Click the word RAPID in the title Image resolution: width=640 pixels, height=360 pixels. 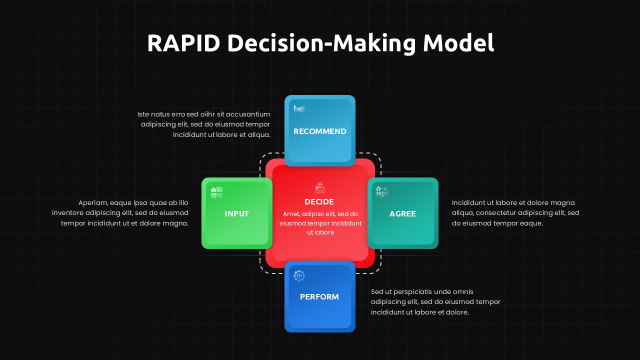click(x=183, y=43)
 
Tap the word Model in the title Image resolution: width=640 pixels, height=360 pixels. click(x=458, y=43)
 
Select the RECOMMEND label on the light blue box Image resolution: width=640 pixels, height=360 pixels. click(x=319, y=131)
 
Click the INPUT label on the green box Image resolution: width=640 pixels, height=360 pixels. click(x=236, y=214)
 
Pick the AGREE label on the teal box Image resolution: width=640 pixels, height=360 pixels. click(x=402, y=214)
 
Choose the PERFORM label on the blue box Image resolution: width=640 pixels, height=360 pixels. click(x=319, y=297)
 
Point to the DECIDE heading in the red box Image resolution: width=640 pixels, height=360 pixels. click(x=319, y=202)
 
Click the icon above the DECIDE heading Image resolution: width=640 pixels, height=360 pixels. click(x=320, y=188)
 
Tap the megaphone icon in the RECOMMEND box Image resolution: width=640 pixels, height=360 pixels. click(x=299, y=109)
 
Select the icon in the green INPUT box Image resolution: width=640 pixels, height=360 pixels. click(x=216, y=192)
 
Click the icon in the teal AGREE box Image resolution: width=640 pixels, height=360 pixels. click(x=382, y=192)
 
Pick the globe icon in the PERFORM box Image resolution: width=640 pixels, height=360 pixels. click(x=299, y=275)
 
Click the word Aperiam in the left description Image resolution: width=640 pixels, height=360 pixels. click(x=93, y=203)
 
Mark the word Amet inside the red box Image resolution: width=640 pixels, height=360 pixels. click(x=291, y=214)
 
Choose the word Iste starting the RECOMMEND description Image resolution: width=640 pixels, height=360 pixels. click(x=144, y=114)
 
